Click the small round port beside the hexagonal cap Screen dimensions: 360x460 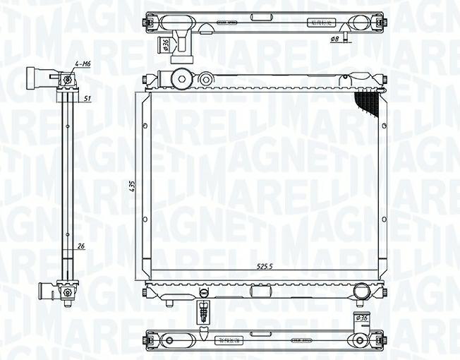tap(206, 78)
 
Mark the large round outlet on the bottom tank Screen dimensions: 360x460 tap(361, 290)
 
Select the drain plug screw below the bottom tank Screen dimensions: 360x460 tap(203, 310)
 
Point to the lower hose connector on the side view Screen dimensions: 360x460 tap(49, 289)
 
